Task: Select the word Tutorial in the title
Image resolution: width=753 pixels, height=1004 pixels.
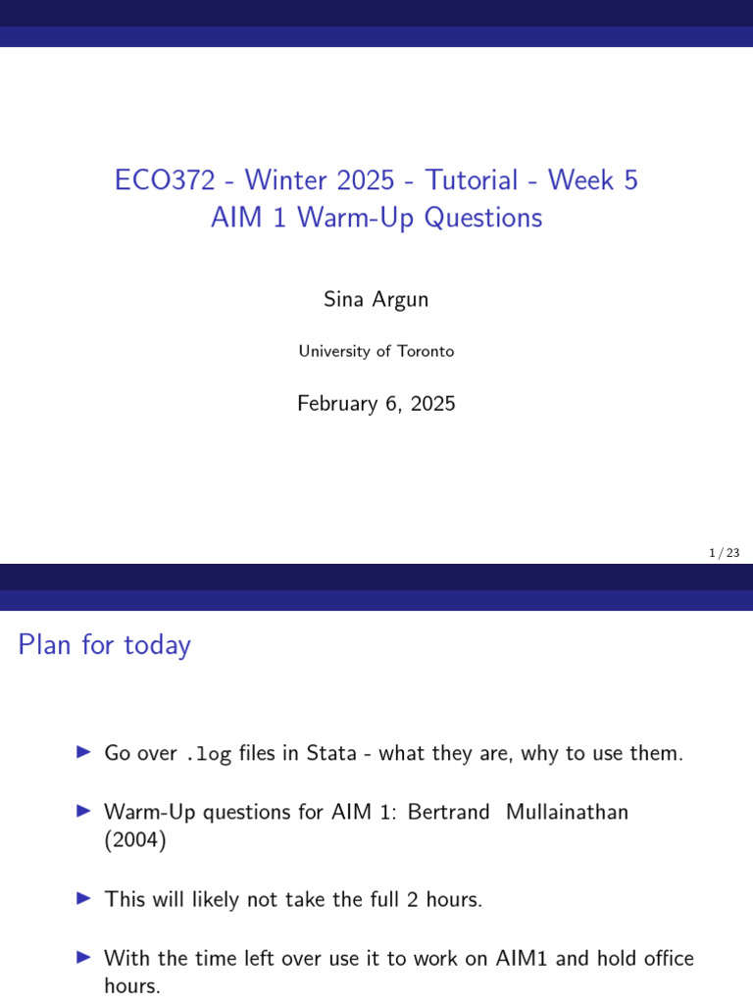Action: pyautogui.click(x=471, y=180)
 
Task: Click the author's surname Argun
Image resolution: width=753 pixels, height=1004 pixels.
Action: pyautogui.click(x=400, y=300)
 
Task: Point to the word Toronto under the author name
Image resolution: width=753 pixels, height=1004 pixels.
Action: pyautogui.click(x=426, y=351)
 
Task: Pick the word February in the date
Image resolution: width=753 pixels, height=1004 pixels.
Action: pyautogui.click(x=340, y=403)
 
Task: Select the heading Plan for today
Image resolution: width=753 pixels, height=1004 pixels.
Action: pyautogui.click(x=105, y=645)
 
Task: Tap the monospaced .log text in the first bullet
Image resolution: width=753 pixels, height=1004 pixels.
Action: pyautogui.click(x=208, y=754)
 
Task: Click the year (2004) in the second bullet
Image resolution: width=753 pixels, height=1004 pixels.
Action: pyautogui.click(x=135, y=842)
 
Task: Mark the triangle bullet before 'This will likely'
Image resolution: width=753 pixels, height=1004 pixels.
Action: pyautogui.click(x=83, y=898)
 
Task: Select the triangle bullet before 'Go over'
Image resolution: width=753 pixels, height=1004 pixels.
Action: pyautogui.click(x=83, y=753)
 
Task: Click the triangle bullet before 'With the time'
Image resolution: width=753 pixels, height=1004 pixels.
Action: pyautogui.click(x=83, y=957)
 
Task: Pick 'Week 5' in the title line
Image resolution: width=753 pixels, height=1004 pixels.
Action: pyautogui.click(x=593, y=180)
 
